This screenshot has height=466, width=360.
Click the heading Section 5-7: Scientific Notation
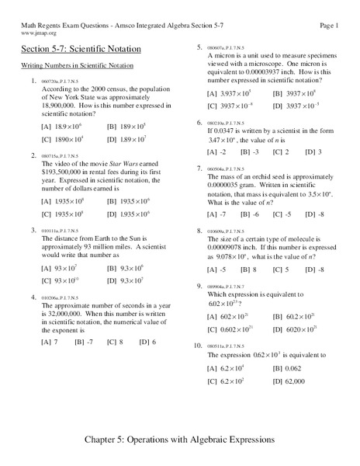tap(81, 49)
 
